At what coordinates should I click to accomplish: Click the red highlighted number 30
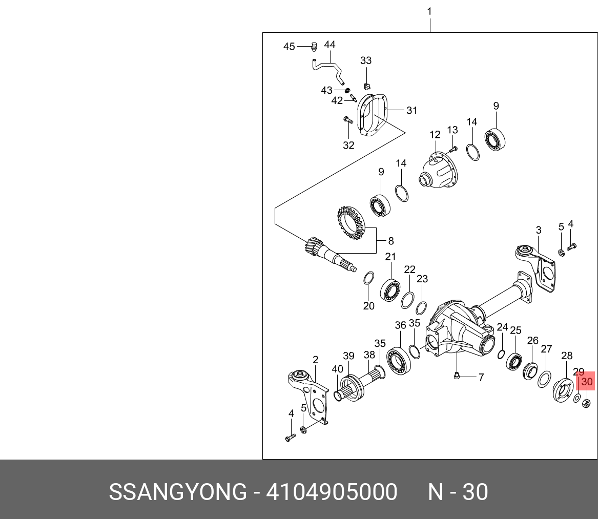pos(587,382)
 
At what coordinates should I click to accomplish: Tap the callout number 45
pos(289,47)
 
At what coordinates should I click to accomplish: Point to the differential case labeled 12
pos(438,171)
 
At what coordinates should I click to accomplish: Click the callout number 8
pos(391,240)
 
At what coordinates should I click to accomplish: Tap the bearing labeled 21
pos(392,290)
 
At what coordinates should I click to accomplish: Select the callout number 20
pos(369,306)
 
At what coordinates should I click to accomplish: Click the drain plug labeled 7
pos(457,377)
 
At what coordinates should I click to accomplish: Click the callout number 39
pos(348,356)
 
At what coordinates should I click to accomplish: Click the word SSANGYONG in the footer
pos(178,492)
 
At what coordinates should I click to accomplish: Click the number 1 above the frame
pos(429,11)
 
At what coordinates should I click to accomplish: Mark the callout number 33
pos(365,60)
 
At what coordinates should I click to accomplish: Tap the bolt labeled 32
pos(346,120)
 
